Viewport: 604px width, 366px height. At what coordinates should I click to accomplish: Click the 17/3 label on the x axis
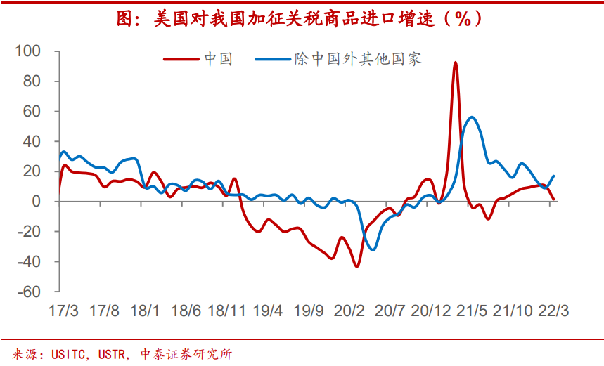point(63,311)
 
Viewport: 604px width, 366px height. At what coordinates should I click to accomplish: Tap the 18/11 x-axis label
point(226,311)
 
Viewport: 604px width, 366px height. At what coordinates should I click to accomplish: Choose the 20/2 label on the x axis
point(349,311)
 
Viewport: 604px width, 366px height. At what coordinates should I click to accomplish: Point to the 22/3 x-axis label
point(555,311)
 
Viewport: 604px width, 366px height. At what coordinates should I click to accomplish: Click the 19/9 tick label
point(309,311)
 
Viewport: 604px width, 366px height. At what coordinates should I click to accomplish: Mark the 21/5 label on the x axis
point(473,311)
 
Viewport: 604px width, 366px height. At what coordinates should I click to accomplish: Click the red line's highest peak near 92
point(456,63)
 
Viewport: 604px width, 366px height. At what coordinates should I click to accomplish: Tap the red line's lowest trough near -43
point(356,266)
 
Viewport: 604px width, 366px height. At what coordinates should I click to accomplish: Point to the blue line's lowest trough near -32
point(373,249)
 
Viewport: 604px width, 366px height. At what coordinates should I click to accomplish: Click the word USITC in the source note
point(68,353)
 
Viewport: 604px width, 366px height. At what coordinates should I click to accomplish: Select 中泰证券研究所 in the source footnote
point(186,353)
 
